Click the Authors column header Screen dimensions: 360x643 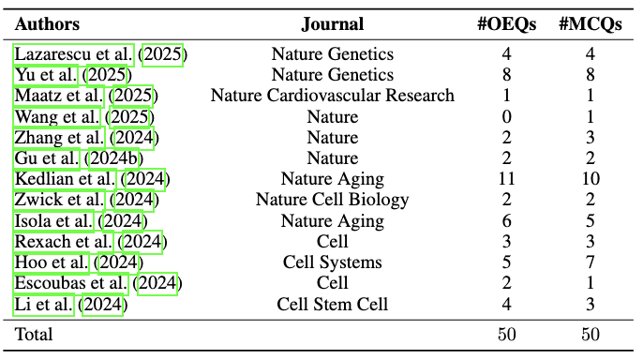[x=48, y=24]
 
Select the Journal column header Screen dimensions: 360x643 [x=332, y=24]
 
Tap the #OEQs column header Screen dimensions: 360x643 [x=507, y=24]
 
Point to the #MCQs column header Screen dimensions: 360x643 [x=591, y=24]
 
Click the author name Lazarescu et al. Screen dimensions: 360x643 [x=74, y=54]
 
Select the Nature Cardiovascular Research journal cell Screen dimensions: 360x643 [x=332, y=96]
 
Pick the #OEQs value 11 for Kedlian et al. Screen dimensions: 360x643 [x=507, y=179]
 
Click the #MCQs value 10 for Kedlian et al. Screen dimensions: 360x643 [x=591, y=179]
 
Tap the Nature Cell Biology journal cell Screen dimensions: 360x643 [x=332, y=200]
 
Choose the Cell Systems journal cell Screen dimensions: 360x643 [x=332, y=262]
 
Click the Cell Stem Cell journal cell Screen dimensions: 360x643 [x=332, y=304]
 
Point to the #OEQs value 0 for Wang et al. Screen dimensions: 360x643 [x=507, y=117]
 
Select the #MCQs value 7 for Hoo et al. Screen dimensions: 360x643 [x=591, y=262]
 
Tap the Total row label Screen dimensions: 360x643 [x=34, y=334]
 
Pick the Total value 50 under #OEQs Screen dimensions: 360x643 [x=507, y=334]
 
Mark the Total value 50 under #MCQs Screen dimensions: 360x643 [x=591, y=334]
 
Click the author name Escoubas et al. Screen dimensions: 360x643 [x=71, y=283]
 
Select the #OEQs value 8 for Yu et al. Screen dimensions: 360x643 [x=507, y=75]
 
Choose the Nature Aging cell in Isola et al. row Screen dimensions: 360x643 [x=332, y=221]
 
